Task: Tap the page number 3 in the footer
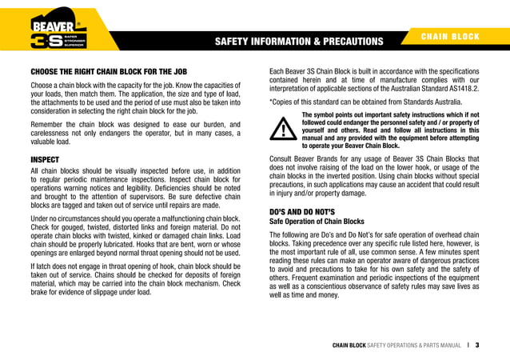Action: pos(476,346)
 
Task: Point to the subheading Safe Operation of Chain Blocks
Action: pos(317,221)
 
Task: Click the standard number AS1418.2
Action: pos(461,88)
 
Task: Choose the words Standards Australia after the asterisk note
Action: pos(431,102)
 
